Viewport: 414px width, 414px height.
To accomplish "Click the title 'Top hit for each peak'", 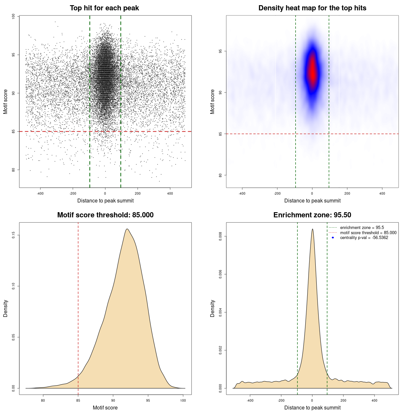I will (x=104, y=8).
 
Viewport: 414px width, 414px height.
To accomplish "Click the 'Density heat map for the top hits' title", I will (x=312, y=8).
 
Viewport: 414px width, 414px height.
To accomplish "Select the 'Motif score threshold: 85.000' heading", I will (x=105, y=215).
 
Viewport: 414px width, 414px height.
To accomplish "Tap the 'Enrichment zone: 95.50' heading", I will (x=312, y=215).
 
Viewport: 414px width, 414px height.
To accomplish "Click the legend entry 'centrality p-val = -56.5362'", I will (x=364, y=238).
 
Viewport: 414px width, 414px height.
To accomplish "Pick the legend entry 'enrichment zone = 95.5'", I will (x=362, y=228).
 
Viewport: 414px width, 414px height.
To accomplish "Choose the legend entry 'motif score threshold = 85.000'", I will (x=368, y=233).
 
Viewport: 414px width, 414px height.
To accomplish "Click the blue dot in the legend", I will (x=333, y=238).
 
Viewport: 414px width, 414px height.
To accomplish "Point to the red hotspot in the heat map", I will (x=312, y=73).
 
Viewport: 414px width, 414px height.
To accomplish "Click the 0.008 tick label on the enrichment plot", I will (x=220, y=236).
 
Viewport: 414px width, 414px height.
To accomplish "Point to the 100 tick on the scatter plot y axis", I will (x=13, y=16).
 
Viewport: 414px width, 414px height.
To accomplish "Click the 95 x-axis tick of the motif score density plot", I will (x=148, y=400).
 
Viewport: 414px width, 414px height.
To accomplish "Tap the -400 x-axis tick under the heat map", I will (x=242, y=193).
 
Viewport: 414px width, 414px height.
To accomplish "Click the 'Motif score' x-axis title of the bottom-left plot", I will (x=105, y=408).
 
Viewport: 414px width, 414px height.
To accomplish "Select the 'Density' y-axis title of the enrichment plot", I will (x=212, y=308).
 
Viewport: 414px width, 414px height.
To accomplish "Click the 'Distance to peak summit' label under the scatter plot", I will (x=105, y=201).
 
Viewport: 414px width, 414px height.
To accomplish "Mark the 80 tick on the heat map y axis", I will (x=220, y=175).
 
